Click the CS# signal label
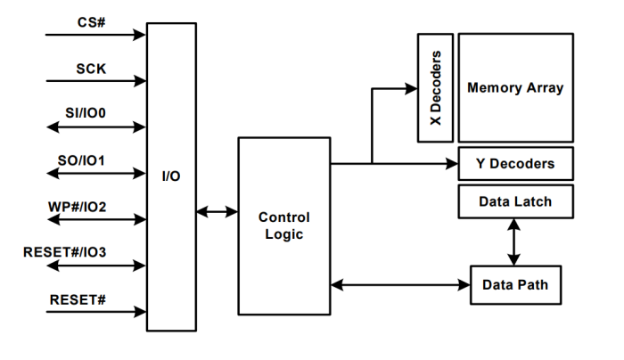pos(90,20)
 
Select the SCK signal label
pos(91,68)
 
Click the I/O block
pos(170,176)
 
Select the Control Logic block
pos(283,225)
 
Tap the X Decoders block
pos(436,87)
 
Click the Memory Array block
pos(515,87)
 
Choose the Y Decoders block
pos(515,164)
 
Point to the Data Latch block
pos(515,201)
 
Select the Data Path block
pos(515,285)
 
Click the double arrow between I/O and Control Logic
pos(217,212)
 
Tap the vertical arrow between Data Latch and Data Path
pos(514,241)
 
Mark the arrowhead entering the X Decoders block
pos(411,88)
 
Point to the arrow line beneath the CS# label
pos(94,36)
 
